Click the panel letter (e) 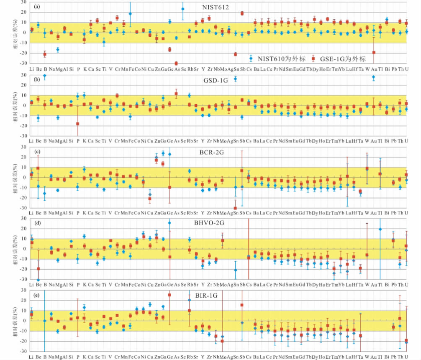click(37, 294)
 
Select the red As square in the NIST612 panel click(176, 63)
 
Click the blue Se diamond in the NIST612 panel click(183, 9)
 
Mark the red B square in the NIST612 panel click(45, 54)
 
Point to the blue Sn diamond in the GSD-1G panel click(235, 79)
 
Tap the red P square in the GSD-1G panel click(77, 124)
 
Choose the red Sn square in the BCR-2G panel click(235, 208)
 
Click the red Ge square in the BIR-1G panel click(169, 295)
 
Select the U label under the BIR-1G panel click(406, 357)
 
